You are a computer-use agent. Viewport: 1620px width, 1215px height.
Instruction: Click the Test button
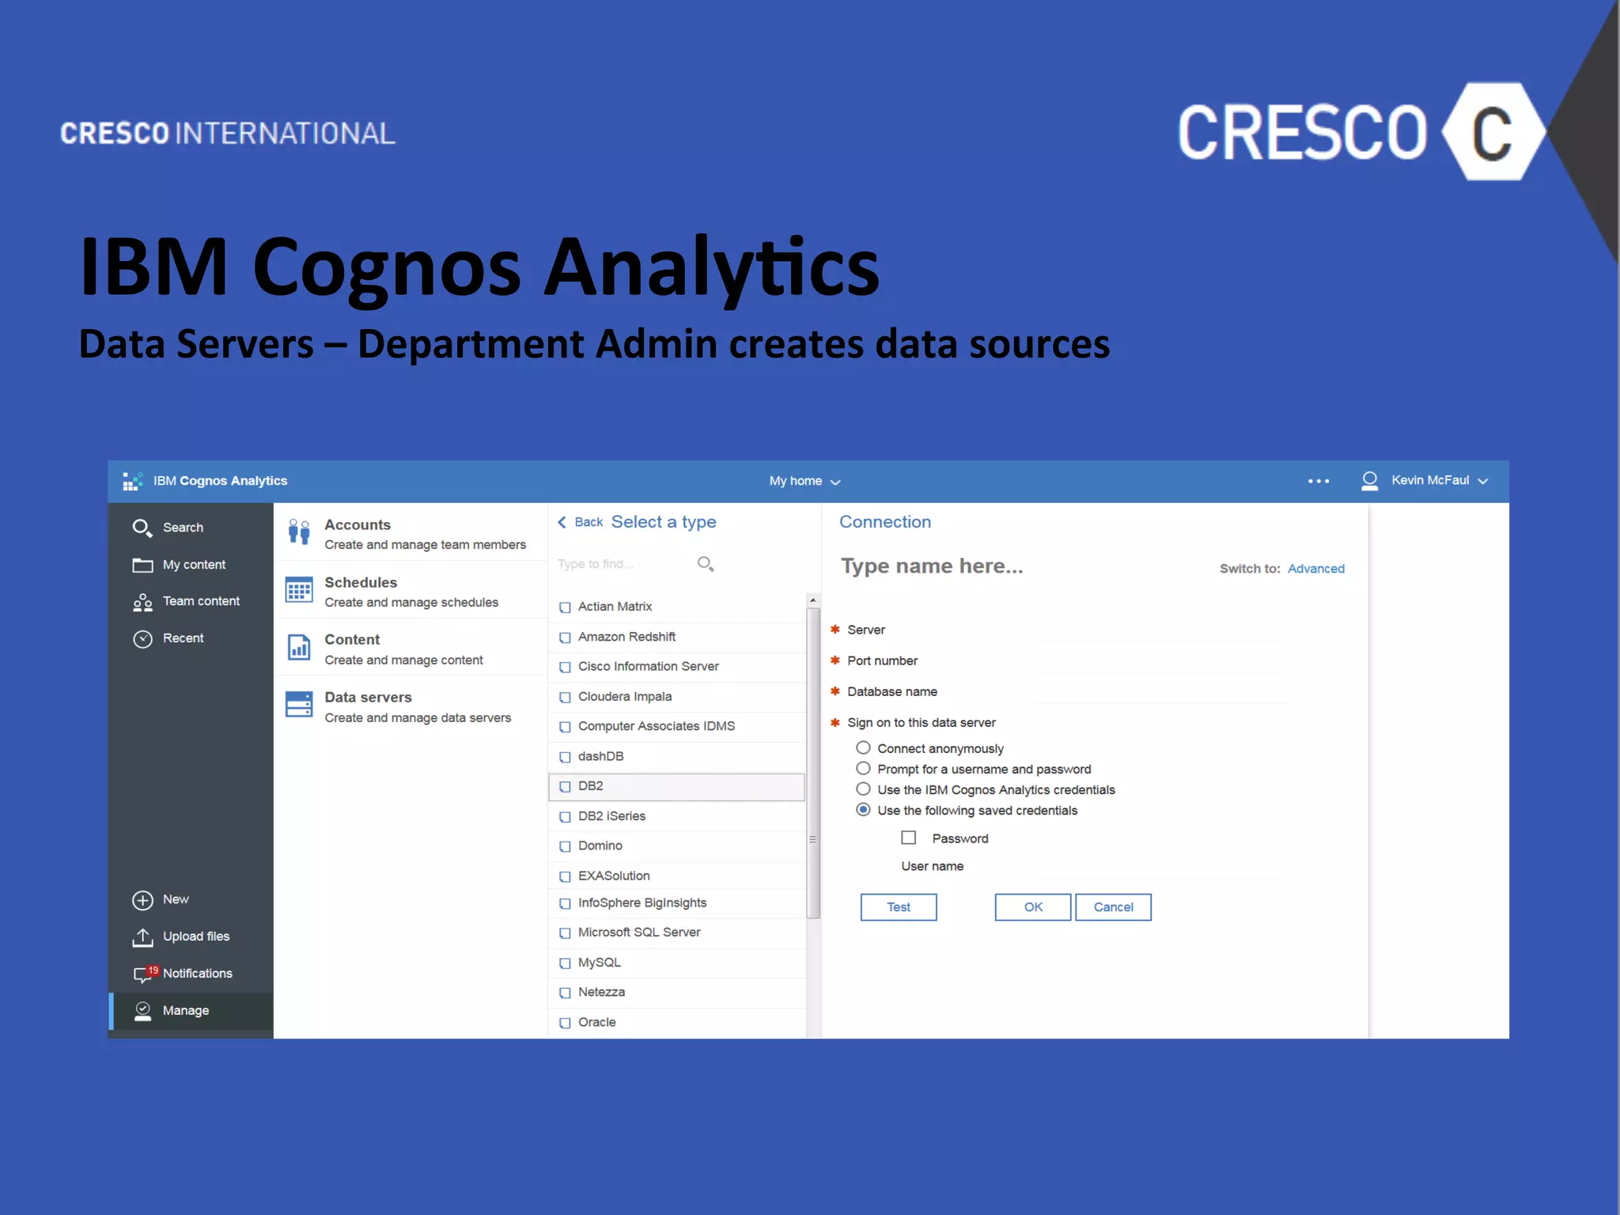pos(898,907)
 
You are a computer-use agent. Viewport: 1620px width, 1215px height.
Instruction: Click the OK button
pos(1032,907)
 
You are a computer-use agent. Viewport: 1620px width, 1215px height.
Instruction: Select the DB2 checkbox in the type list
pos(565,786)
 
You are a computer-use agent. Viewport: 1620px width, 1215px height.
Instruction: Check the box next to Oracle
pos(565,1023)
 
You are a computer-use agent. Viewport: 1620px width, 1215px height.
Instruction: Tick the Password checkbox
pos(908,838)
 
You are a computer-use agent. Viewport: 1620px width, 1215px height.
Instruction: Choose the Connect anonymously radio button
pos(863,748)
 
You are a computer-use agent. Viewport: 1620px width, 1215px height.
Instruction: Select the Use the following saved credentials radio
pos(863,809)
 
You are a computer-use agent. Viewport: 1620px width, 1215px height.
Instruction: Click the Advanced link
pos(1315,569)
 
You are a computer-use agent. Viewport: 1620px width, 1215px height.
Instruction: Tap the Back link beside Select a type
pos(581,522)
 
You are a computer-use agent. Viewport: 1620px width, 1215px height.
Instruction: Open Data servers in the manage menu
pos(368,698)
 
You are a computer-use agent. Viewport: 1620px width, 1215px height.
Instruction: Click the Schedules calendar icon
pos(299,590)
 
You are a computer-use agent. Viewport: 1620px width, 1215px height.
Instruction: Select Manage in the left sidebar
pos(185,1010)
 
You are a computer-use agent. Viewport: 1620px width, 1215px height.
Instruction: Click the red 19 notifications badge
pos(153,970)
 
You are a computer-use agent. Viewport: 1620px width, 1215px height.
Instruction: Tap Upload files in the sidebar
pos(195,937)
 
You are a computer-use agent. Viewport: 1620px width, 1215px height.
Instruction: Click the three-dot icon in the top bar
pos(1318,481)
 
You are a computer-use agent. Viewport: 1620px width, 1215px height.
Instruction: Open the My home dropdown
pos(804,481)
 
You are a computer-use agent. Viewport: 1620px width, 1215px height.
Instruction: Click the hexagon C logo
pos(1492,132)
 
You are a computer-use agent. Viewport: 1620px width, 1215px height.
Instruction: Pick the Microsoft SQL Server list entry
pos(638,933)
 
